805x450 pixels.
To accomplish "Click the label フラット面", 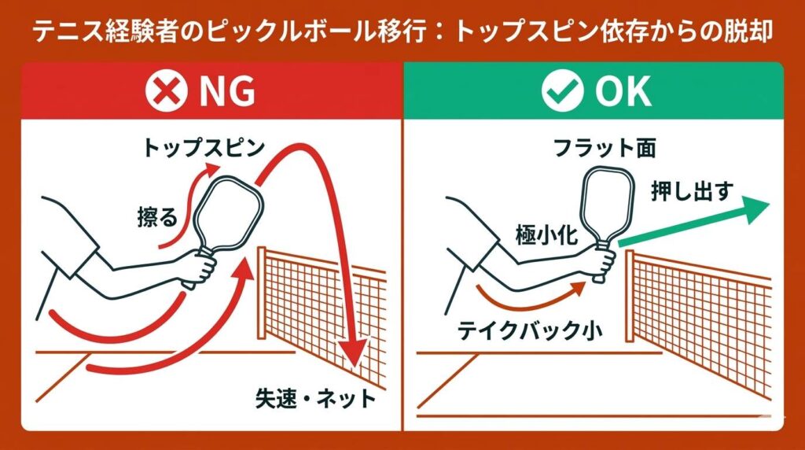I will pos(604,148).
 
